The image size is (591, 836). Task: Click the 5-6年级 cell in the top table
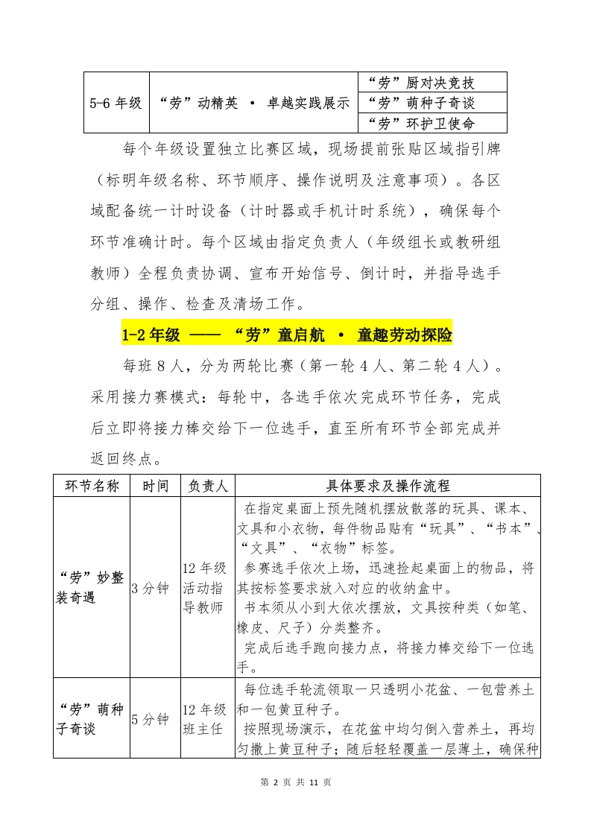[116, 103]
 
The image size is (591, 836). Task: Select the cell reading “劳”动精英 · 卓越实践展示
[253, 103]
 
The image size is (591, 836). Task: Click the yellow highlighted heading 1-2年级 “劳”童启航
[287, 335]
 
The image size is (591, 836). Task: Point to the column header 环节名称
[92, 486]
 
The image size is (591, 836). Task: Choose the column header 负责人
[207, 486]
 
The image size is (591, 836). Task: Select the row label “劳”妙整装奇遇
[91, 587]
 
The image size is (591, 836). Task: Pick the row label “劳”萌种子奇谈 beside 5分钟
[91, 720]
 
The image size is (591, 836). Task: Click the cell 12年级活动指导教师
[204, 587]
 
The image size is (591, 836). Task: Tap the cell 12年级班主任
[204, 720]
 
